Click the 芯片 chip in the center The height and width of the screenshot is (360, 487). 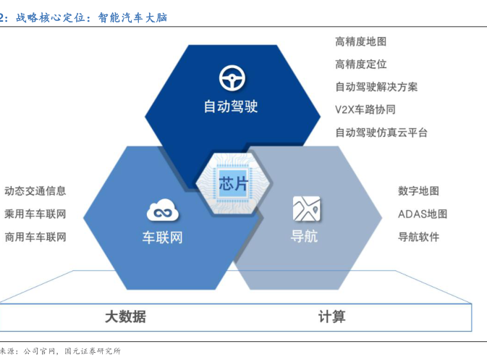click(232, 183)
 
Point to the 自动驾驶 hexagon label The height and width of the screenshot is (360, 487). click(230, 106)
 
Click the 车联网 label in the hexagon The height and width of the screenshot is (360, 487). click(162, 237)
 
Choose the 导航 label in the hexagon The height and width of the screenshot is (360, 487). click(304, 236)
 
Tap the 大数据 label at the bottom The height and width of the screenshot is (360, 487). click(125, 317)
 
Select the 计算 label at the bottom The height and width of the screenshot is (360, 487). click(332, 317)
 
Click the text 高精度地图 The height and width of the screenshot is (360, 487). click(361, 42)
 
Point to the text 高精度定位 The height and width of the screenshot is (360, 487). click(361, 64)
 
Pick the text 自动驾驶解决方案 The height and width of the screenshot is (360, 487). click(376, 87)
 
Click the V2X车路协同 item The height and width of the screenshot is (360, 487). click(365, 109)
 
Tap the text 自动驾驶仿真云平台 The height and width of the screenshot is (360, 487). click(381, 133)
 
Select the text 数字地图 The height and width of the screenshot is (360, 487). click(418, 191)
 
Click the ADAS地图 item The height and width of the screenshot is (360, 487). click(423, 214)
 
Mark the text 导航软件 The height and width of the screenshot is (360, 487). click(418, 236)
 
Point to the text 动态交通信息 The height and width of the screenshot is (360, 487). click(35, 191)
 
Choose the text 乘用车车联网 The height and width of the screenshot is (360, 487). click(35, 214)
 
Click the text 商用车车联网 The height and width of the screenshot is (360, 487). click(35, 236)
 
